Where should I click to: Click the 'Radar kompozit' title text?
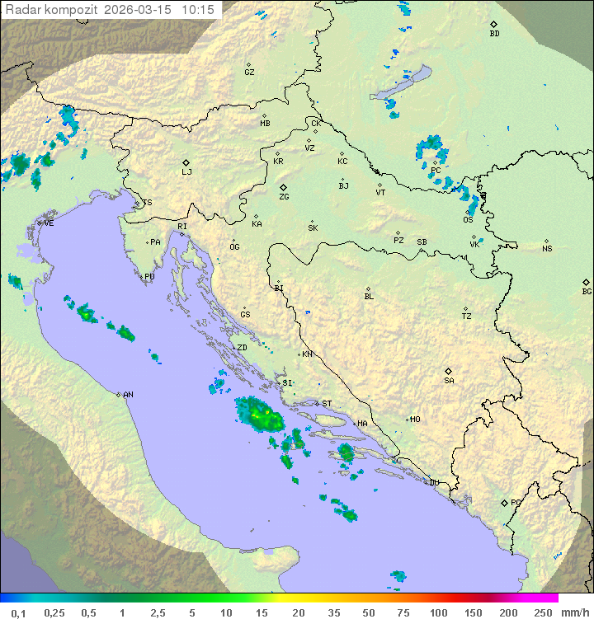(x=51, y=10)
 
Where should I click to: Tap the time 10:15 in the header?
(x=199, y=10)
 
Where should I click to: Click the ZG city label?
(x=284, y=197)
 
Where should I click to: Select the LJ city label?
(x=186, y=171)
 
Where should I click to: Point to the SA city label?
(x=449, y=380)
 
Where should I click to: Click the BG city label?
(x=587, y=291)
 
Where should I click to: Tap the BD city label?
(x=494, y=34)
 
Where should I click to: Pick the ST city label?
(x=327, y=404)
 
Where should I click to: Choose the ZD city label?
(x=242, y=348)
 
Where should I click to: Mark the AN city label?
(x=128, y=395)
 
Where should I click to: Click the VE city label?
(x=49, y=223)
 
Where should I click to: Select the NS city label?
(x=547, y=249)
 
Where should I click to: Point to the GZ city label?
(x=249, y=73)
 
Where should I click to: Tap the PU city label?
(x=149, y=277)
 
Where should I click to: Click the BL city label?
(x=369, y=297)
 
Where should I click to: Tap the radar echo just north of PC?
(x=431, y=148)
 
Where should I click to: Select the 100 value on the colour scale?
(x=438, y=612)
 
